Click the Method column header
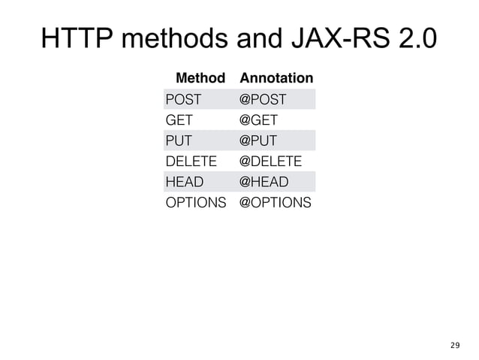coord(200,77)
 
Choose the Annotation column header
coord(276,77)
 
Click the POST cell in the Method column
coord(182,98)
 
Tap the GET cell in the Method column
coord(179,119)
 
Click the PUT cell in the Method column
coord(178,140)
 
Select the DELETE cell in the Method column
coord(191,161)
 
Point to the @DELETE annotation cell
coord(270,161)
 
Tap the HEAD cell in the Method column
coord(182,181)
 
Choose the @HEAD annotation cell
coord(262,181)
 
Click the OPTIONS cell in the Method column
coord(195,202)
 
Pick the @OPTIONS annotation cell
coord(274,202)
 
